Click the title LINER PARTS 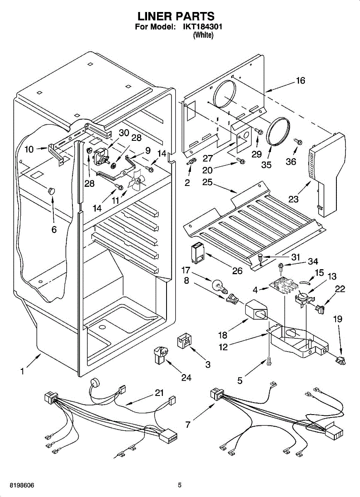[176, 16]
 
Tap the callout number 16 [300, 80]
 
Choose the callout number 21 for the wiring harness [159, 393]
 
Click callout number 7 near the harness [188, 425]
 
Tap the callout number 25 [208, 182]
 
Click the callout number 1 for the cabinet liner [22, 372]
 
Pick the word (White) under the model [203, 36]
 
